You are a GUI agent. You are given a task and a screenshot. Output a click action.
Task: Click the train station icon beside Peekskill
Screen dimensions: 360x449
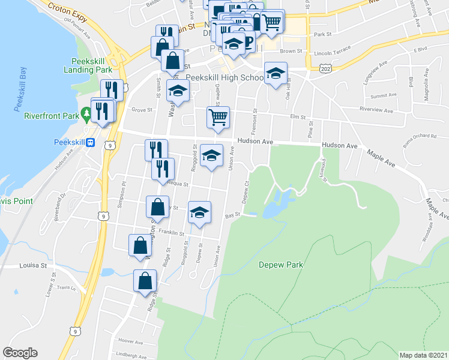click(90, 142)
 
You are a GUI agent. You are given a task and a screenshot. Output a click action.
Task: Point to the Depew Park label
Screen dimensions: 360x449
click(280, 265)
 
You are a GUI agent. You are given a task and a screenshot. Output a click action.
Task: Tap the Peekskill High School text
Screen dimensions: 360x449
click(224, 77)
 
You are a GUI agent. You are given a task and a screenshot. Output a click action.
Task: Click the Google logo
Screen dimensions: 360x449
click(20, 353)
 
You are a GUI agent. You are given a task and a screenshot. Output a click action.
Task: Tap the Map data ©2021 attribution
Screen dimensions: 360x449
click(423, 355)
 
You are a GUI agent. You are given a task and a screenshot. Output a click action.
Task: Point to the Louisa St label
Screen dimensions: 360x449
click(32, 265)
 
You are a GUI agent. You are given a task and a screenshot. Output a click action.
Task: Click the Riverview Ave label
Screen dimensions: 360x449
click(375, 110)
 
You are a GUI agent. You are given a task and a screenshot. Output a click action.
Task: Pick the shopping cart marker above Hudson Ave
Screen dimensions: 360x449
click(218, 117)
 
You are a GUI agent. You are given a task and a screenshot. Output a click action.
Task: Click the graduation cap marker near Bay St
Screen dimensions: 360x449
click(200, 212)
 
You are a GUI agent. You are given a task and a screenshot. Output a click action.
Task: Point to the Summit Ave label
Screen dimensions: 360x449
click(384, 95)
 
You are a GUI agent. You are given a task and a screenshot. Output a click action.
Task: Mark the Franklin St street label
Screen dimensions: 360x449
click(171, 233)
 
